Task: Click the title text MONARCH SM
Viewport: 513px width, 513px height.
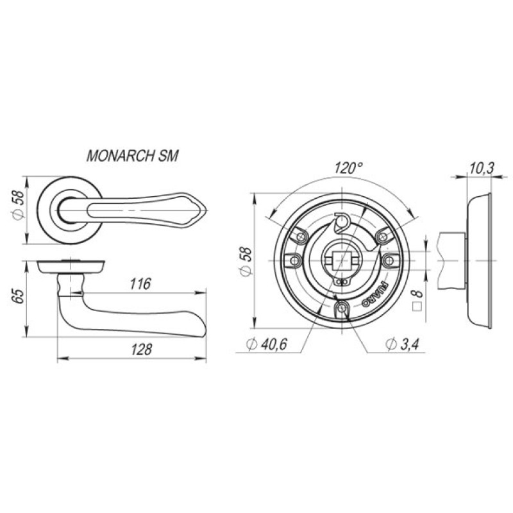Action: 133,156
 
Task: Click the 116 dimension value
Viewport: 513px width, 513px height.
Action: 140,283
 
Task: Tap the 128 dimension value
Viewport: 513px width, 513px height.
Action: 142,349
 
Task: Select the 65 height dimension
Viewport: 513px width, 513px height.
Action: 19,296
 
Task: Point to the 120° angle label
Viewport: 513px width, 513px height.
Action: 348,168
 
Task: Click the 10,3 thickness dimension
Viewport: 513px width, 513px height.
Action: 482,169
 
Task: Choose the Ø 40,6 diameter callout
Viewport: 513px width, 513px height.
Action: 267,344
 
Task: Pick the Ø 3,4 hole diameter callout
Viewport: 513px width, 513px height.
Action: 402,344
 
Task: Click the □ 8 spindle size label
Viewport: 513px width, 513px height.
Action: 417,300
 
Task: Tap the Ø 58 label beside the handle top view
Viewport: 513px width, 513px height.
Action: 19,205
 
